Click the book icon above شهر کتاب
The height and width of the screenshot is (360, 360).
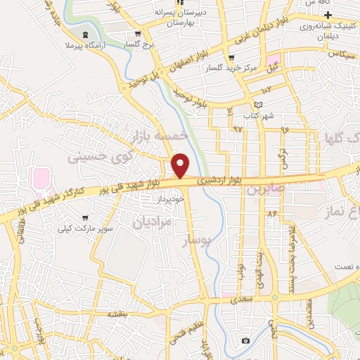click(x=258, y=105)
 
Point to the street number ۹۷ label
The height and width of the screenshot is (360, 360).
click(x=237, y=129)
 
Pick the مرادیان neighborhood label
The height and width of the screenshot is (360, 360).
click(x=149, y=223)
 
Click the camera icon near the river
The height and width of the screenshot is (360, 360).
click(x=245, y=341)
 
